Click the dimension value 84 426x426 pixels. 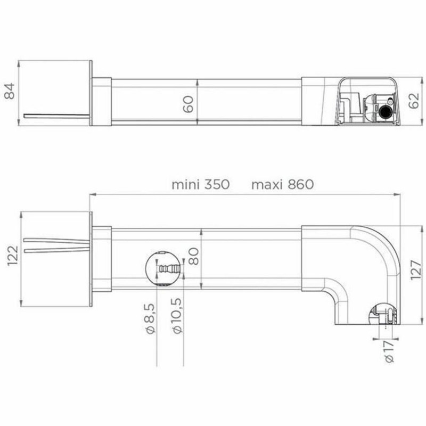tap(9, 94)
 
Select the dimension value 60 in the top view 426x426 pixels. tap(187, 101)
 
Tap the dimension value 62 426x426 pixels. tap(413, 101)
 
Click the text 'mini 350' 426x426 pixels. tap(200, 185)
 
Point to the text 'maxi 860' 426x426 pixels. tap(282, 185)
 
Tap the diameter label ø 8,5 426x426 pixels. tap(151, 318)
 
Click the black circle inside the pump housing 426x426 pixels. tap(384, 112)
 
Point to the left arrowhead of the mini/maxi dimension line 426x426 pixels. tap(92, 195)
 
